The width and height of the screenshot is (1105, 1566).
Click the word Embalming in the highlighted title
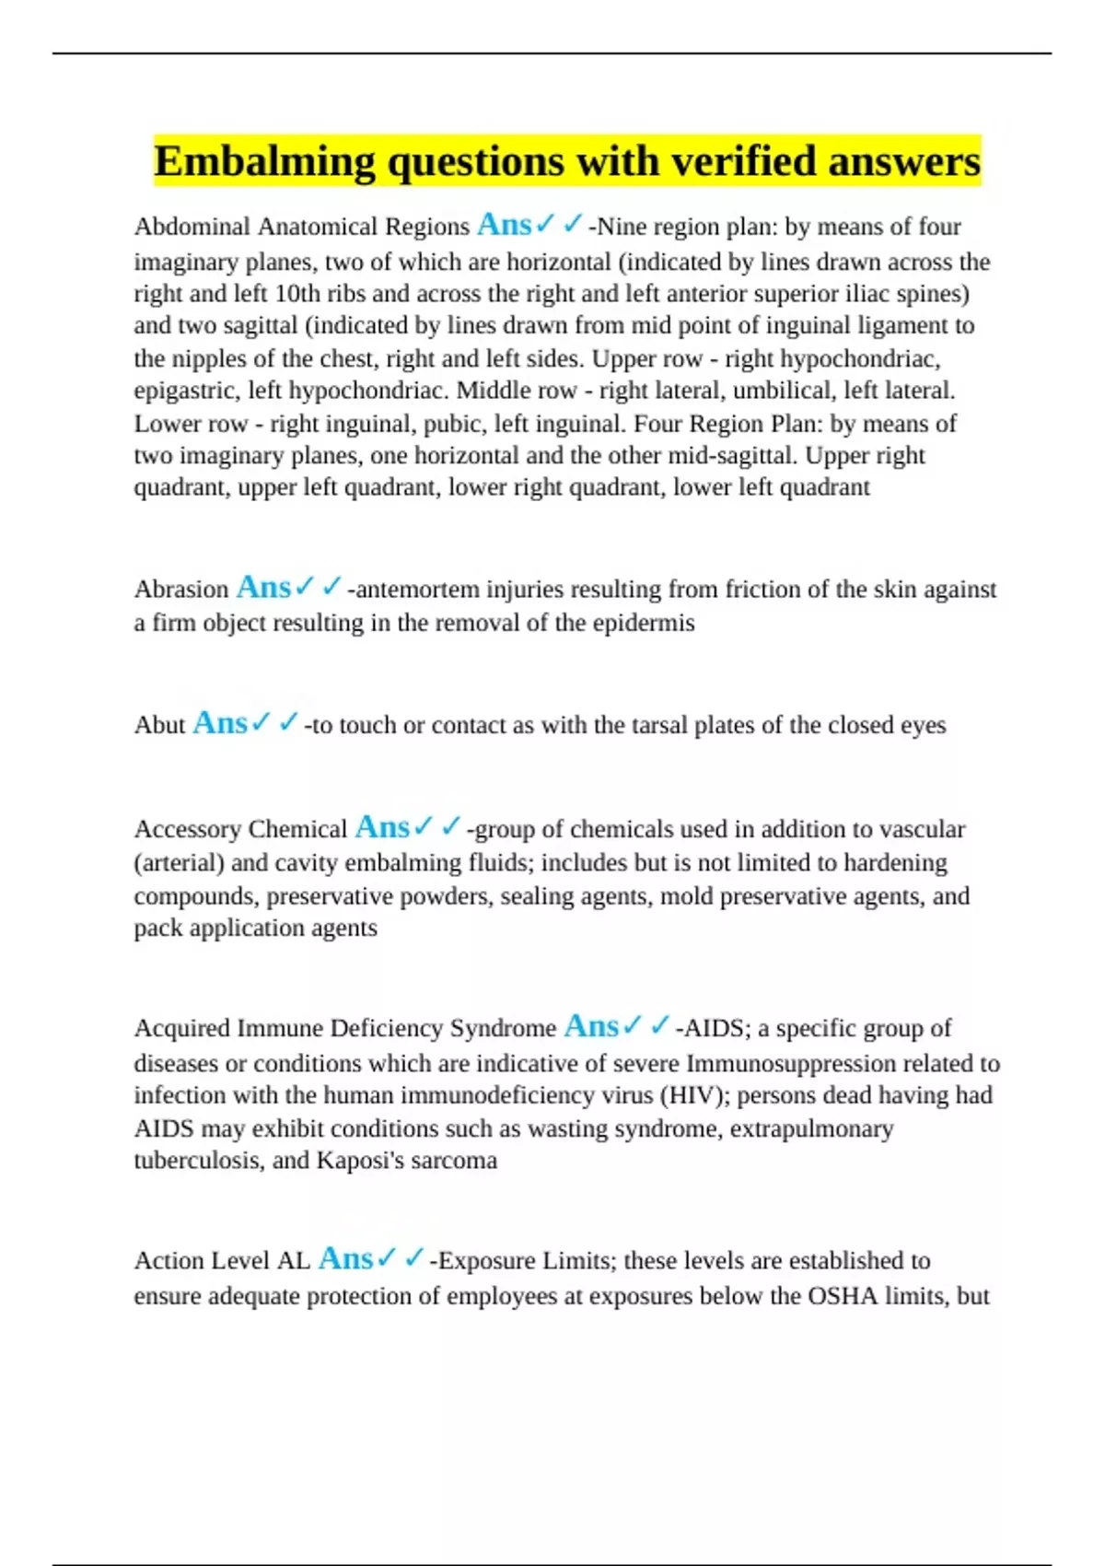[264, 162]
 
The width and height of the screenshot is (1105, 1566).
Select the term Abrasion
[181, 590]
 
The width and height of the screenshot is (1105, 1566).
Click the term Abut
[160, 725]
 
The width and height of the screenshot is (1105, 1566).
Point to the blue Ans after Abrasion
[263, 588]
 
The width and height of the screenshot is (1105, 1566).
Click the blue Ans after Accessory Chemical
[382, 827]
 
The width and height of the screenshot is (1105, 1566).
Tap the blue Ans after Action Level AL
[345, 1258]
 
